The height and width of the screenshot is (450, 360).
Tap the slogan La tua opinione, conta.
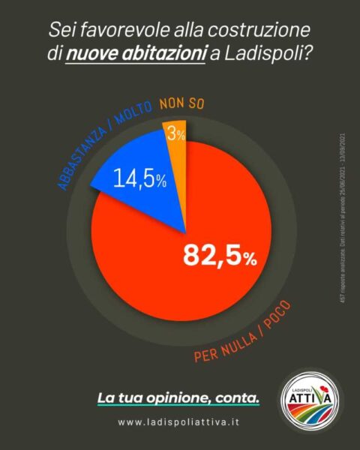pos(178,397)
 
